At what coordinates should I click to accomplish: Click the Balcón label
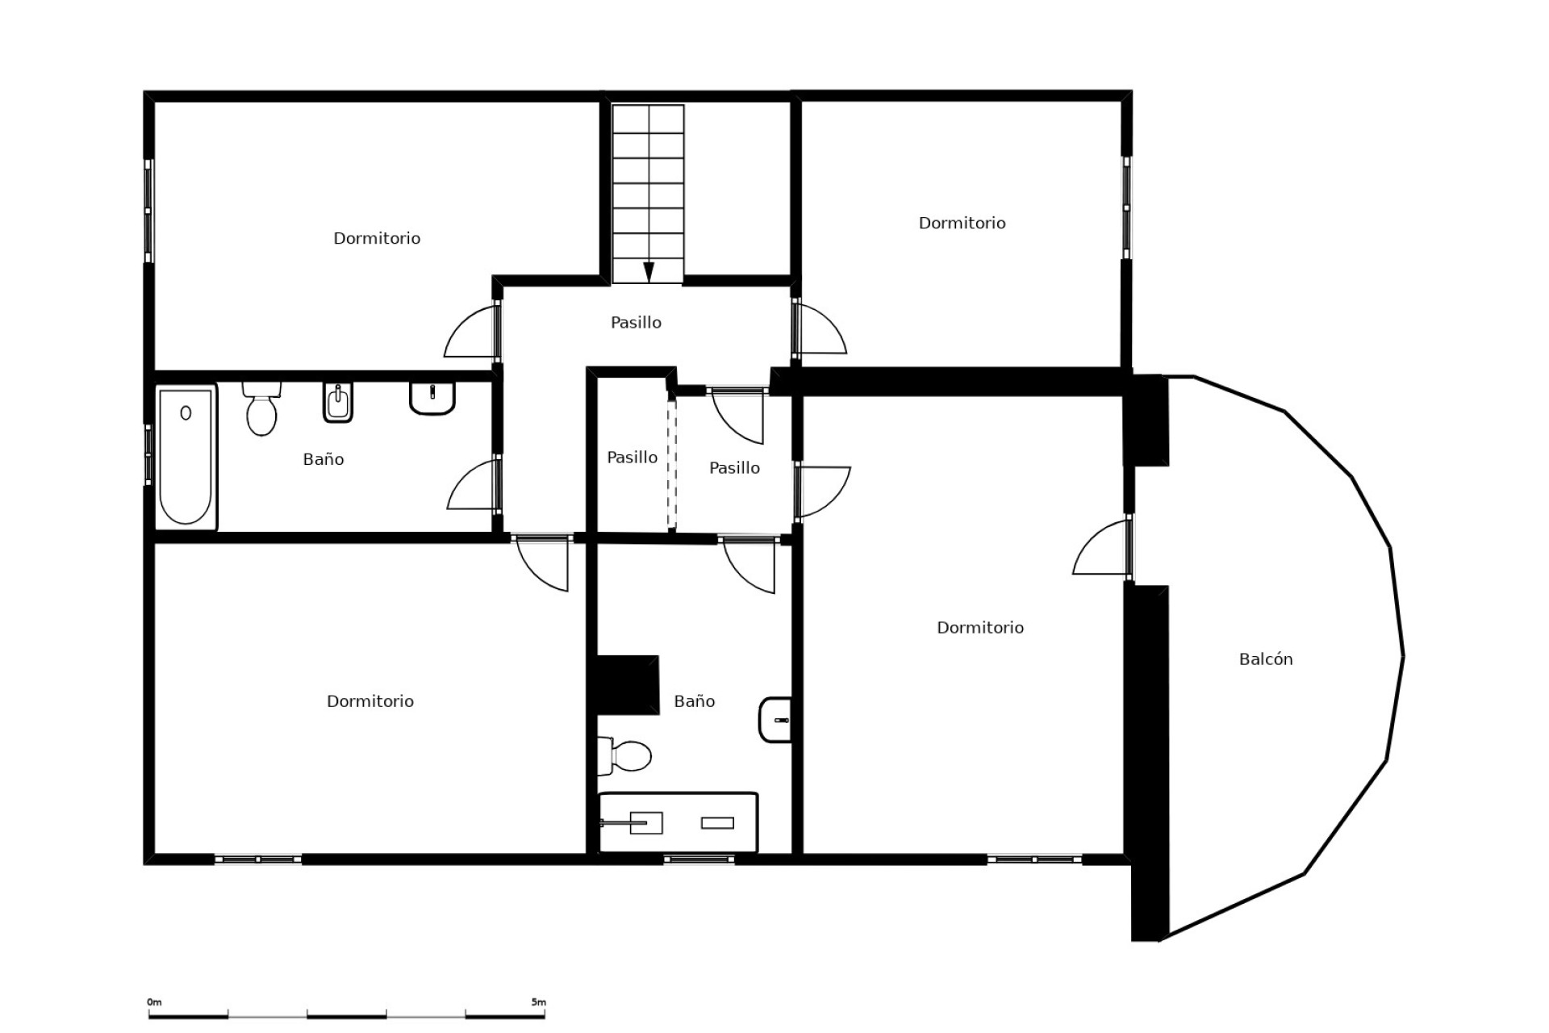(x=1265, y=659)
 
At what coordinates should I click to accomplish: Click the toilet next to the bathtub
(x=261, y=408)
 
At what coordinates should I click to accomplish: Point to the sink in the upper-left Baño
(x=432, y=397)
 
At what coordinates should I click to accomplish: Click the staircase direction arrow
(x=648, y=272)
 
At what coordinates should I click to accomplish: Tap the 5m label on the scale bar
(x=538, y=1002)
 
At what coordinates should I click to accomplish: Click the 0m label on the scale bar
(x=154, y=1002)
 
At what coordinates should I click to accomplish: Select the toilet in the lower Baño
(x=626, y=755)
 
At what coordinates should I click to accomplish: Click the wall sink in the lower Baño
(x=775, y=719)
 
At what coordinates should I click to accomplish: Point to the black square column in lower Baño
(x=628, y=684)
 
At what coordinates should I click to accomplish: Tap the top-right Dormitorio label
(x=962, y=223)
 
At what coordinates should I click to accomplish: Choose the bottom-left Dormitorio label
(x=370, y=701)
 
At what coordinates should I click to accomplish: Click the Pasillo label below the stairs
(x=636, y=323)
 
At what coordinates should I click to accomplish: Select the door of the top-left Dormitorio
(x=473, y=332)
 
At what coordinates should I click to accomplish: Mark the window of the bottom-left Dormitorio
(x=258, y=859)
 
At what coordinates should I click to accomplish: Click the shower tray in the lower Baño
(x=678, y=822)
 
